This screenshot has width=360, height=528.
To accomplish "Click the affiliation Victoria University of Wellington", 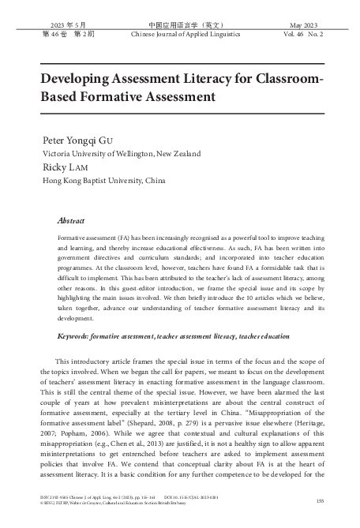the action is click(108, 153).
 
